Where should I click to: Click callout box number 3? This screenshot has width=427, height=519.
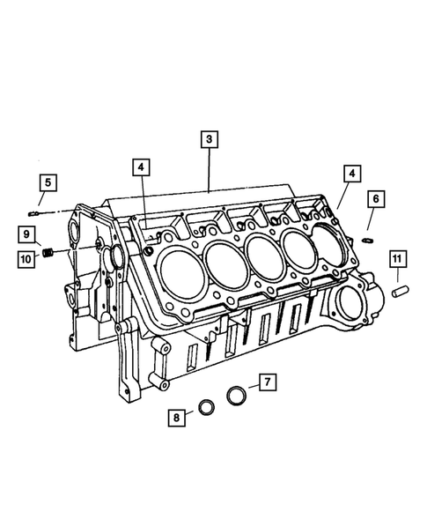tap(208, 139)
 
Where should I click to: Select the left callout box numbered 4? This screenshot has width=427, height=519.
tap(141, 166)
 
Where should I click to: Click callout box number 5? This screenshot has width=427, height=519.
tap(48, 183)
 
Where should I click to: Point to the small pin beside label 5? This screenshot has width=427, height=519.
tap(33, 211)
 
